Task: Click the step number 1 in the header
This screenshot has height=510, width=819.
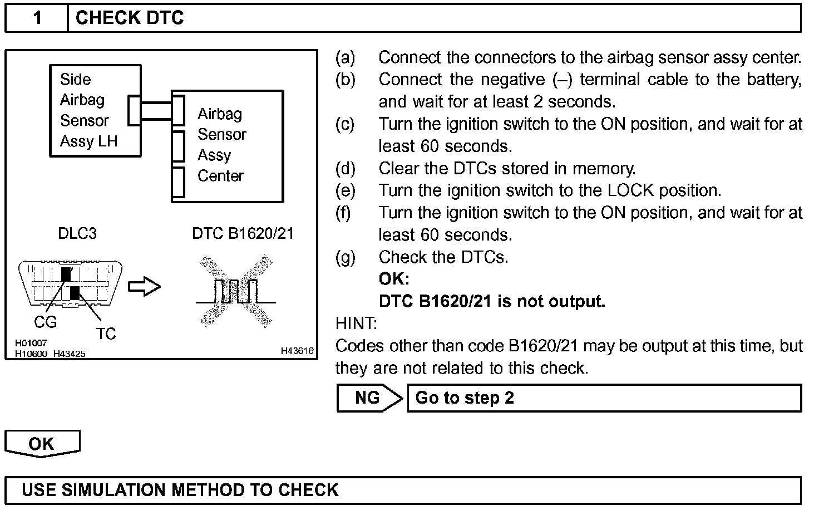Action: (x=37, y=18)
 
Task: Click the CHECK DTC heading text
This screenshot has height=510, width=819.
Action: (x=129, y=18)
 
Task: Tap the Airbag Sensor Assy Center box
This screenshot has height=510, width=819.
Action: (x=228, y=146)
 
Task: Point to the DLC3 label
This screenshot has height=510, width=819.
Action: (x=77, y=233)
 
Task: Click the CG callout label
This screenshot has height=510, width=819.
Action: (x=45, y=322)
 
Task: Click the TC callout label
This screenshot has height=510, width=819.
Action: (x=106, y=334)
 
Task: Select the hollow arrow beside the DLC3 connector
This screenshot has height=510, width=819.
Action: (x=144, y=287)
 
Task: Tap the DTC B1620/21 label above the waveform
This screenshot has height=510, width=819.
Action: (x=243, y=233)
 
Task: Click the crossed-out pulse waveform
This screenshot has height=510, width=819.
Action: (x=236, y=291)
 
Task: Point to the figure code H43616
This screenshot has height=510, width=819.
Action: (x=297, y=351)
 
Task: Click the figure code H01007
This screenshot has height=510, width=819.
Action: (x=31, y=344)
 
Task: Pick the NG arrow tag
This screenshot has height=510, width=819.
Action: (x=368, y=398)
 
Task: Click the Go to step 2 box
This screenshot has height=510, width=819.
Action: (x=604, y=398)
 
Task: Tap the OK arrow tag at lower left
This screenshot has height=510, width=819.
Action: (x=42, y=444)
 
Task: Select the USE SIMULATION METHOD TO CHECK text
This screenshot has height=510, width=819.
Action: (x=180, y=490)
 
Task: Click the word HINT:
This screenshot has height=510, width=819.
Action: (x=356, y=323)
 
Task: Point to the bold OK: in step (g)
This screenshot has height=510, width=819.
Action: (x=393, y=279)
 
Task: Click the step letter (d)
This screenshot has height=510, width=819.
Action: (x=345, y=168)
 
